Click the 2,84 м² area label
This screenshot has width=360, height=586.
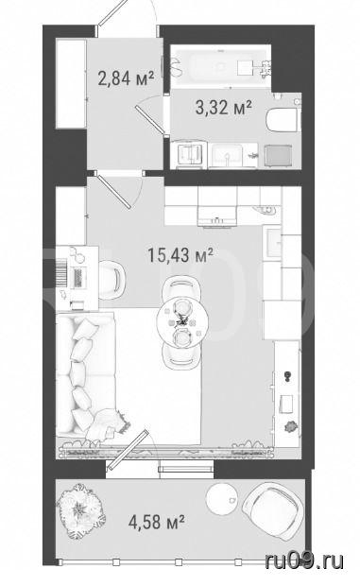click(126, 78)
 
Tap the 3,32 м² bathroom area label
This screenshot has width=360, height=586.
click(223, 108)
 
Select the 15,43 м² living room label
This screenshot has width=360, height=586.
click(180, 255)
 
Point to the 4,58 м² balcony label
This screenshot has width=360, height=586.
click(157, 522)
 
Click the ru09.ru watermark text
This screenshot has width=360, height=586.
click(304, 560)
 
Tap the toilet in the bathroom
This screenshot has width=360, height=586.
click(283, 120)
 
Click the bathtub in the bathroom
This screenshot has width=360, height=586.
click(220, 66)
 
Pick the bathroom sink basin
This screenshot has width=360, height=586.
click(227, 155)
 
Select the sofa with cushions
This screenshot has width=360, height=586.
click(86, 374)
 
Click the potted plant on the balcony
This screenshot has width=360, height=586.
click(80, 511)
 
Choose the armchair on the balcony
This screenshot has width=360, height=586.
click(273, 511)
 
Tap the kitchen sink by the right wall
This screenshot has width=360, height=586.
click(273, 243)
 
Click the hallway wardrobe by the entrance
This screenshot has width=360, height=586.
click(71, 83)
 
